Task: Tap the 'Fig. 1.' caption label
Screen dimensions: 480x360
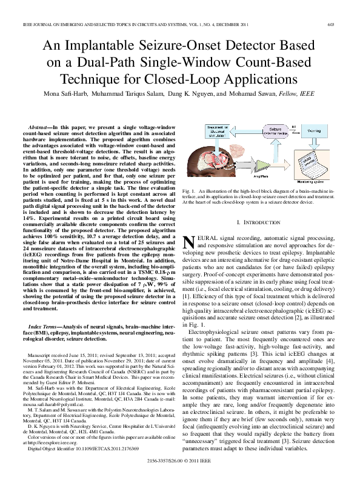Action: click(189, 192)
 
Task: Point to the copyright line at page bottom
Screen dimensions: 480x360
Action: click(180, 461)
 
